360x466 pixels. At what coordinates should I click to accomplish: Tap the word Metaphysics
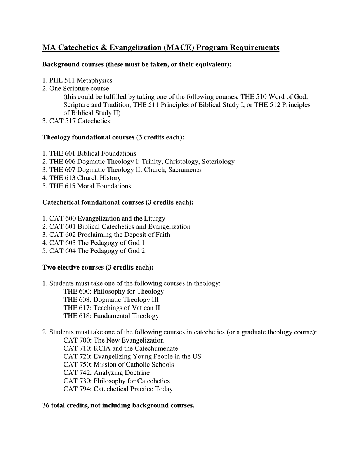coord(94,80)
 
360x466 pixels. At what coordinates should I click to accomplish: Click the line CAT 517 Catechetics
coord(79,121)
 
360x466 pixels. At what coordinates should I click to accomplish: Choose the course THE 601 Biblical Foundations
coord(92,153)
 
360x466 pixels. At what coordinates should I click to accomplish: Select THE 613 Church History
coord(85,178)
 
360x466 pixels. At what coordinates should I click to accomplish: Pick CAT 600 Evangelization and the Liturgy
coord(107,219)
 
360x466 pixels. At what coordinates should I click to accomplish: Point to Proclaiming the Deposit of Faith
coord(123,235)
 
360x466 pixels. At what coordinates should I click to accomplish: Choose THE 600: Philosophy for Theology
coord(113,292)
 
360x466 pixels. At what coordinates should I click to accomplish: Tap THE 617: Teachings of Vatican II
coord(112,308)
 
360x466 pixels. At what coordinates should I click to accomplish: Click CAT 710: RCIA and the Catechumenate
coord(121,348)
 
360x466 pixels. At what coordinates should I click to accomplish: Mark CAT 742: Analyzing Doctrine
coord(106,373)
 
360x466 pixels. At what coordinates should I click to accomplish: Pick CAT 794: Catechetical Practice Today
coord(118,389)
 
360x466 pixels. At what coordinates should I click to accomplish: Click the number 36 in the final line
coord(46,405)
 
